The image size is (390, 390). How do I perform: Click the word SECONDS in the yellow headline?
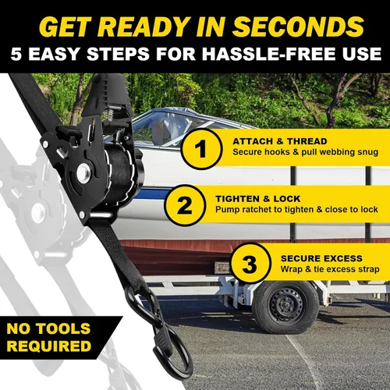[x=298, y=27]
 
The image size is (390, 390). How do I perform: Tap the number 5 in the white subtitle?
[x=16, y=54]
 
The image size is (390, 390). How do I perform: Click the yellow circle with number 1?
[x=201, y=149]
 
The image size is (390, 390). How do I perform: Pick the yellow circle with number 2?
[x=185, y=205]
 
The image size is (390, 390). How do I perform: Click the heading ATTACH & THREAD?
[x=280, y=141]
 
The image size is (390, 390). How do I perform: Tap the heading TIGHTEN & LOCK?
[x=257, y=199]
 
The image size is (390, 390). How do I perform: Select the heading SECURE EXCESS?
[x=321, y=258]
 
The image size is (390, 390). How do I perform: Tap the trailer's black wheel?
[x=285, y=307]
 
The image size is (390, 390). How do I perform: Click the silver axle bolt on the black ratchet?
[x=83, y=172]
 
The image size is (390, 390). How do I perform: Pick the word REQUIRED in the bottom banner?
[x=49, y=346]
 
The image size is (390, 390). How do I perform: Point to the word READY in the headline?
[x=143, y=27]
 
